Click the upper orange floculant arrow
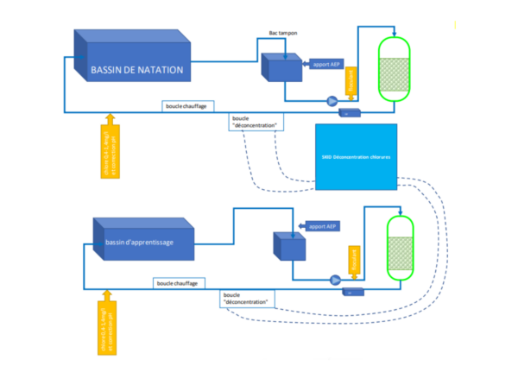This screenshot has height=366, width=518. [351, 80]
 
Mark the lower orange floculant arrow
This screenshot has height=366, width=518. [352, 260]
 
